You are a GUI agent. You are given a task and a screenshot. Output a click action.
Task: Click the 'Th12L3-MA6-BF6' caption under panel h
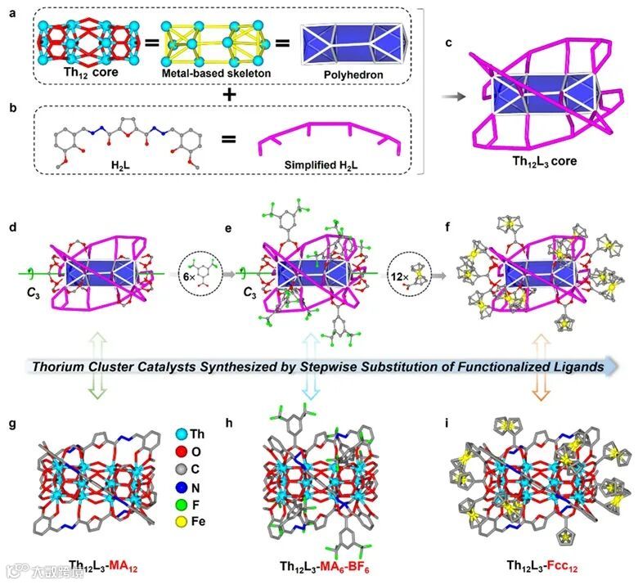(317, 565)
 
